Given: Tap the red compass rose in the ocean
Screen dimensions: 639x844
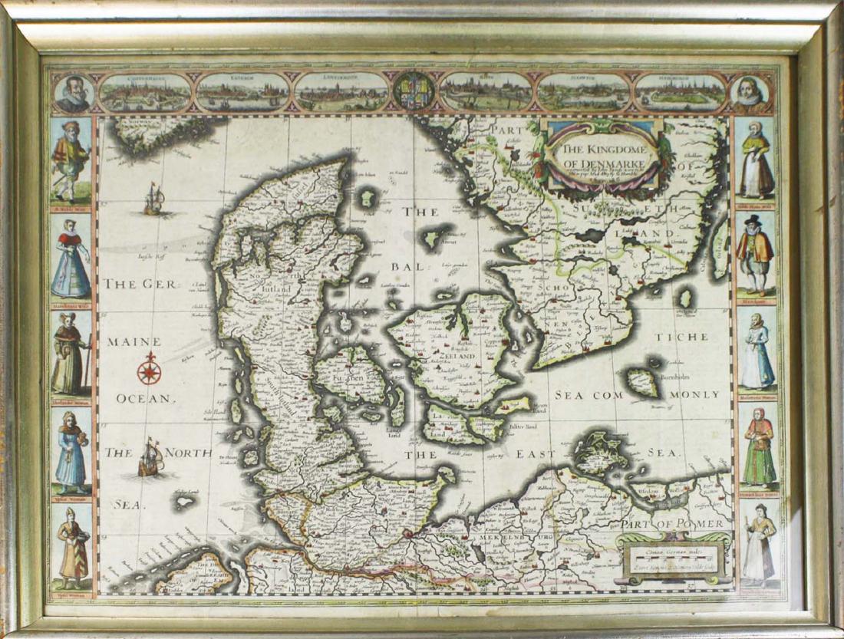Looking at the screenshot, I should (149, 371).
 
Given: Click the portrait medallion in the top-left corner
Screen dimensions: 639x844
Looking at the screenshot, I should (74, 94).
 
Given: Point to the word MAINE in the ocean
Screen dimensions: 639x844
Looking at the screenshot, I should (134, 341).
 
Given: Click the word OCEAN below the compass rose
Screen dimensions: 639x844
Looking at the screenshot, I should (146, 398).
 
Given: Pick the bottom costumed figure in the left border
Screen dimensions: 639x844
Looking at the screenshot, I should (73, 549).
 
